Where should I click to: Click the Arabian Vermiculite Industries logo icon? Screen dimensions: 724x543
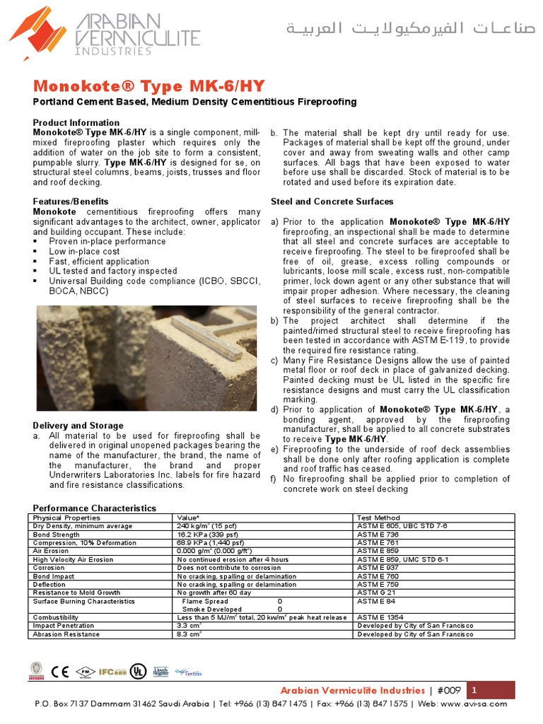coord(37,33)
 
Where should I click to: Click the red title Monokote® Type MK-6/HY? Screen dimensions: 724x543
coord(139,86)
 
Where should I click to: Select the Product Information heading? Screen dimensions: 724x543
coord(76,123)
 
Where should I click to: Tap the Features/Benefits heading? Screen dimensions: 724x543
coord(71,202)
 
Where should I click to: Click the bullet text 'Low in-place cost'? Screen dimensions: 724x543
coord(84,251)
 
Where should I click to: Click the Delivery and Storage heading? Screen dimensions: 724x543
coord(78,426)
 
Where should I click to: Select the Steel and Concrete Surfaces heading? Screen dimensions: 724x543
coord(332,202)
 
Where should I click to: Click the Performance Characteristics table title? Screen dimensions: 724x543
coord(95,508)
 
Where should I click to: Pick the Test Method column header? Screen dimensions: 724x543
coord(378,518)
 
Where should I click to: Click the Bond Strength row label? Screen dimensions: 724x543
coord(57,535)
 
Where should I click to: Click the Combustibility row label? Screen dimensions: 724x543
coord(56,617)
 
